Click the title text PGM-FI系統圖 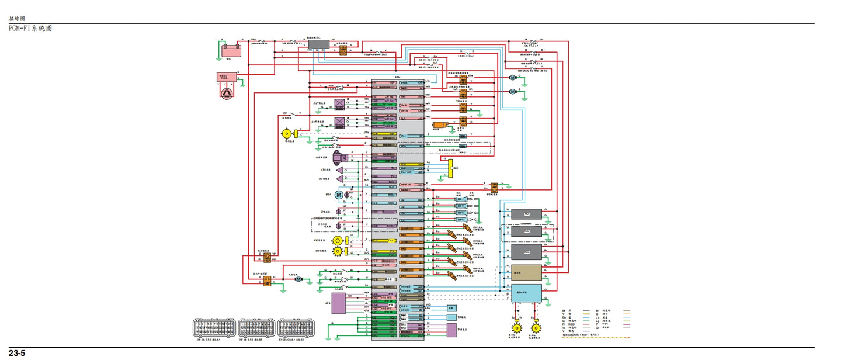(x=30, y=28)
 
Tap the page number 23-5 (x=16, y=354)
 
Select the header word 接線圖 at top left (x=17, y=19)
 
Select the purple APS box (x=338, y=303)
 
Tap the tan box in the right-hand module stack (x=526, y=273)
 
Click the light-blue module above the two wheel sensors (x=526, y=292)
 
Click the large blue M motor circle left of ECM (x=339, y=195)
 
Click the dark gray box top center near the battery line (x=318, y=44)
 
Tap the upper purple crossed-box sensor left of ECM (x=338, y=105)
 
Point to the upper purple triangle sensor (x=338, y=170)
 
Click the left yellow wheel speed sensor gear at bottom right (x=516, y=328)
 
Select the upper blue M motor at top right (x=512, y=77)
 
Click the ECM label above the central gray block (x=397, y=77)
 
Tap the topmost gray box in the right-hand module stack (x=526, y=214)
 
